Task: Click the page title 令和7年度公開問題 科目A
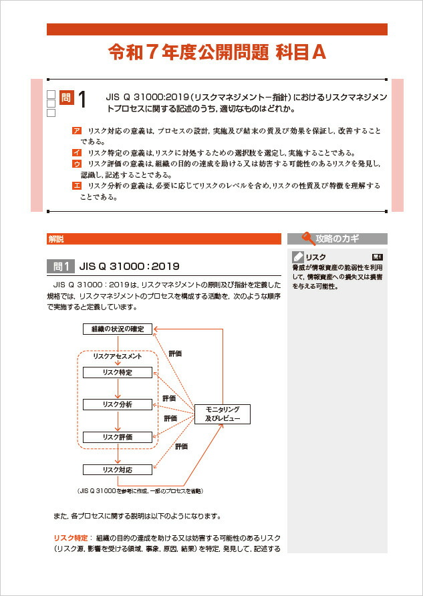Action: tap(217, 53)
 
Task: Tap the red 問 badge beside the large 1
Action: tap(66, 98)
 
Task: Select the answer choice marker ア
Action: tap(77, 131)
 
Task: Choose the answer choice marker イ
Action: tap(77, 152)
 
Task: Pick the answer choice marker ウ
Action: tap(77, 164)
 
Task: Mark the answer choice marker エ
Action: tap(77, 186)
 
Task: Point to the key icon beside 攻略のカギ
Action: tap(308, 238)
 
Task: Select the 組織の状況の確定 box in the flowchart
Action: tap(118, 329)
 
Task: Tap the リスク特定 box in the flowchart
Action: tap(118, 372)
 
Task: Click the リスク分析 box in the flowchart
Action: tap(118, 404)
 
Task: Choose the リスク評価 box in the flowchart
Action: tap(118, 437)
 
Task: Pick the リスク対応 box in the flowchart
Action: tap(118, 470)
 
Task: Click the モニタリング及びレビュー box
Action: tap(222, 414)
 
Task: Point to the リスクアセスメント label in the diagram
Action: tap(118, 357)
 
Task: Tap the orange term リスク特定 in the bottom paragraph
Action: tap(71, 537)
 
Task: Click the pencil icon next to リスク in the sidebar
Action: tap(298, 257)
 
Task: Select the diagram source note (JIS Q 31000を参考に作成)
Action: tap(140, 490)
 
